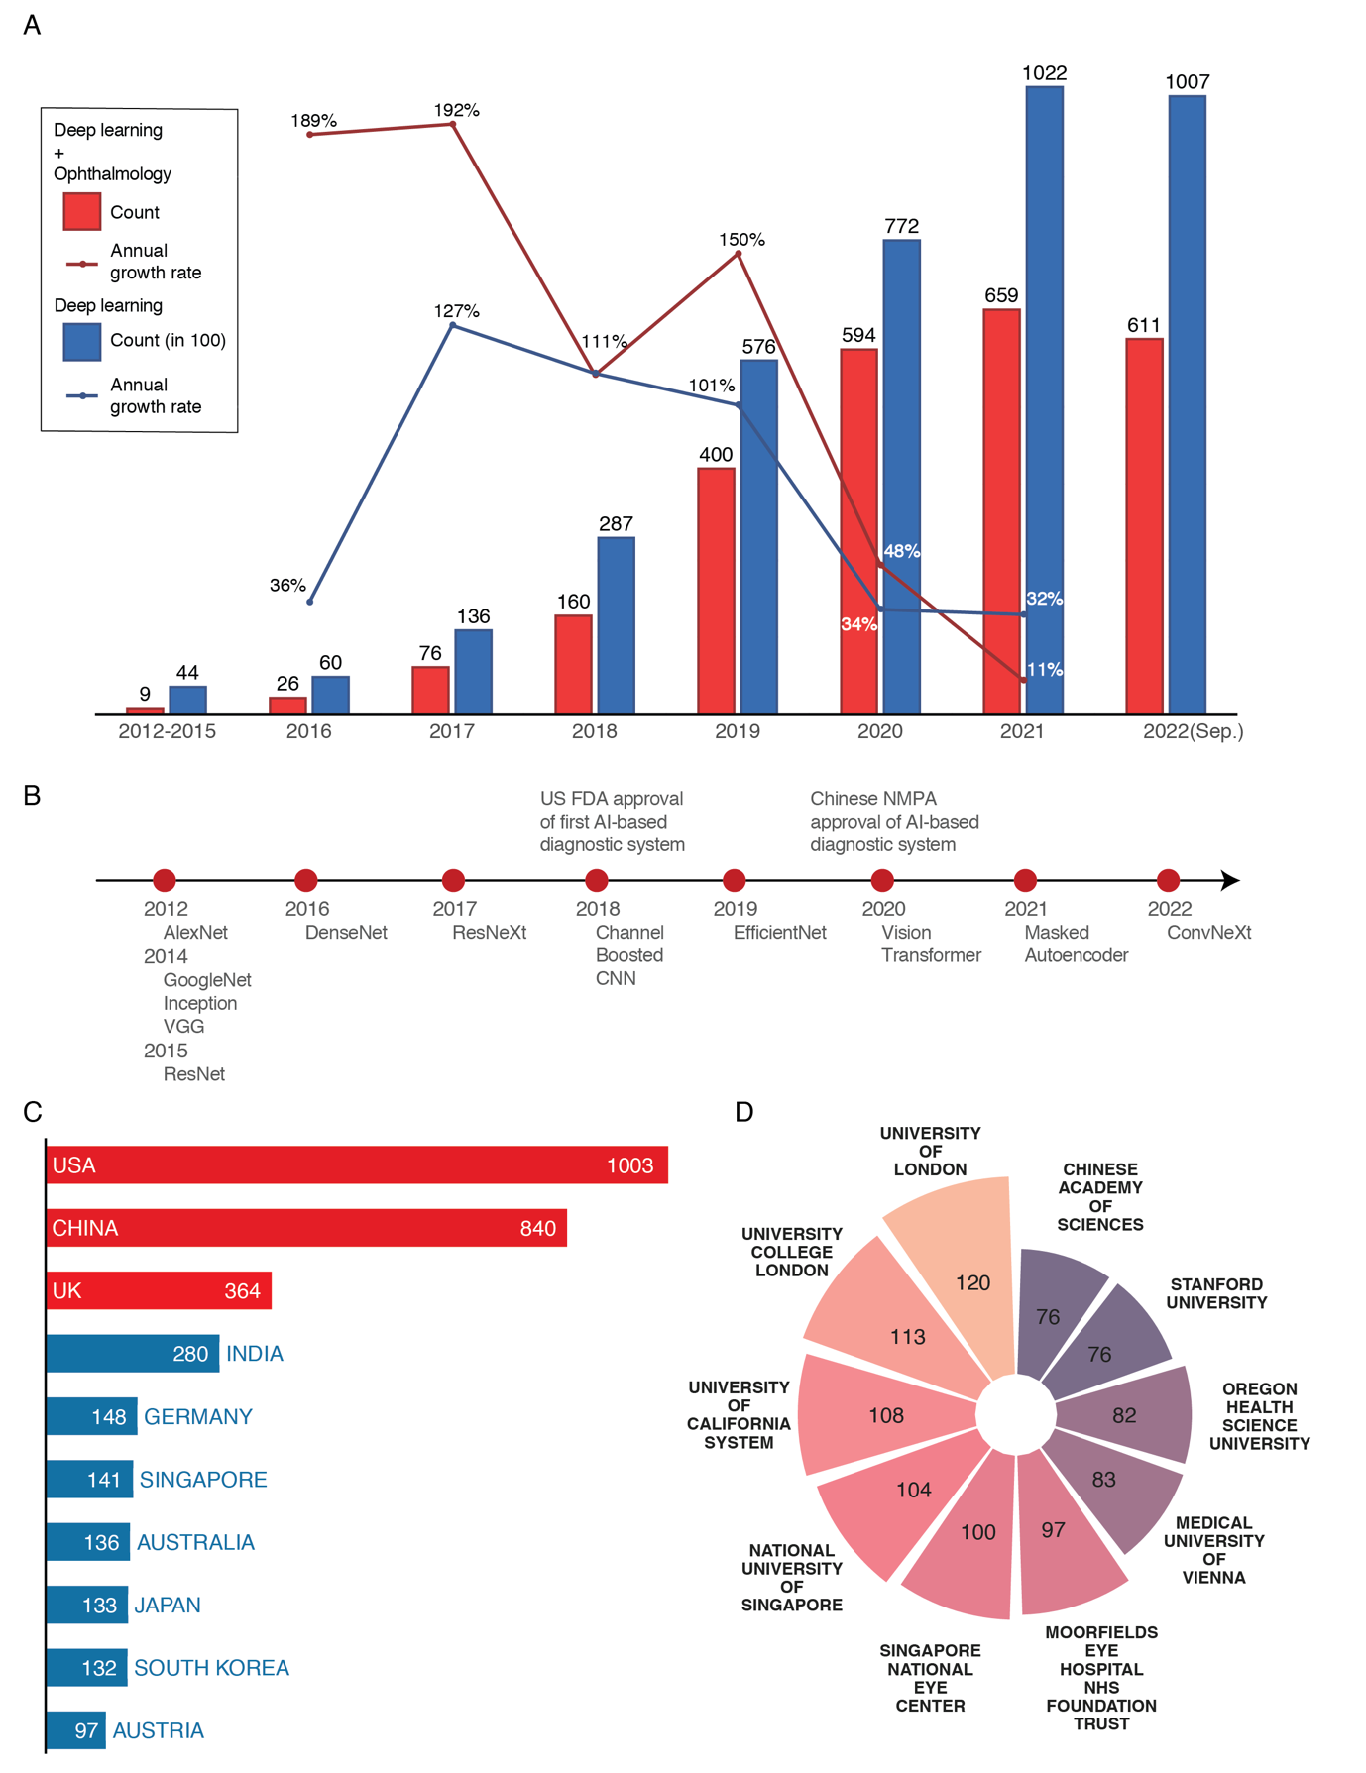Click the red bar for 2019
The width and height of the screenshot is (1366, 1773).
[x=716, y=590]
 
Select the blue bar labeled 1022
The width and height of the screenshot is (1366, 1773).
[x=1044, y=396]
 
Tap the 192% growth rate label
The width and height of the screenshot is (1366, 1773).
[x=456, y=110]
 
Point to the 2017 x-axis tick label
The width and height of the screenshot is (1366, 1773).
[x=452, y=731]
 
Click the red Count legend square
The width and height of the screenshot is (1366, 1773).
[x=82, y=211]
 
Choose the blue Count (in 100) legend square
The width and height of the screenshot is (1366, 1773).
[x=82, y=341]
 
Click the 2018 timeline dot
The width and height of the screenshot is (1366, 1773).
[x=596, y=880]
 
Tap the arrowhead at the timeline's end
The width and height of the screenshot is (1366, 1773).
[x=1230, y=880]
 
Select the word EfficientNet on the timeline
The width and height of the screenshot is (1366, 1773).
[x=779, y=933]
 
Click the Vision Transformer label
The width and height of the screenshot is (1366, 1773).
[x=931, y=943]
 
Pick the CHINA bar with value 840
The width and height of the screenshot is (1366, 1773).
[x=306, y=1228]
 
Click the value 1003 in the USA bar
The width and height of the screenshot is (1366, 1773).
[x=629, y=1165]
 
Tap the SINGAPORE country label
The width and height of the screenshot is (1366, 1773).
[x=203, y=1480]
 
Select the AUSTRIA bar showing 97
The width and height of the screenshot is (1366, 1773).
[x=75, y=1730]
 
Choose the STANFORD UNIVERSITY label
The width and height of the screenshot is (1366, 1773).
[x=1216, y=1293]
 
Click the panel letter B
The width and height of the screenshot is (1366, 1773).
[x=32, y=796]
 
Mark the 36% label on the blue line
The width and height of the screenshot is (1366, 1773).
[x=287, y=586]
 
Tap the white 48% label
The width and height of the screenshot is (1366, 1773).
[x=901, y=551]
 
